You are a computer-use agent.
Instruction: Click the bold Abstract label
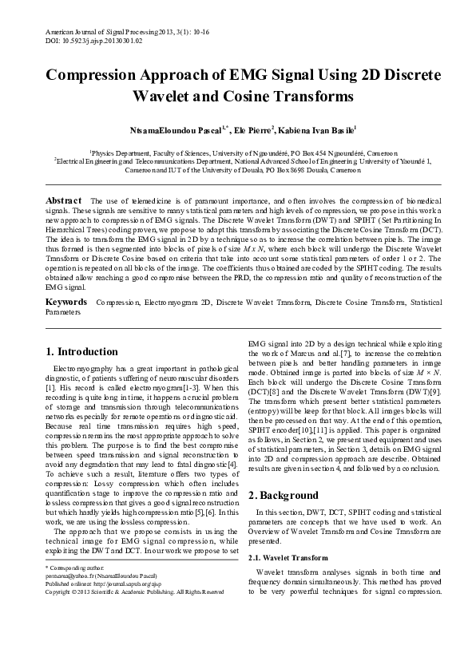[x=64, y=200]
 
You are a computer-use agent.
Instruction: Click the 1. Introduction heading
[x=82, y=351]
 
